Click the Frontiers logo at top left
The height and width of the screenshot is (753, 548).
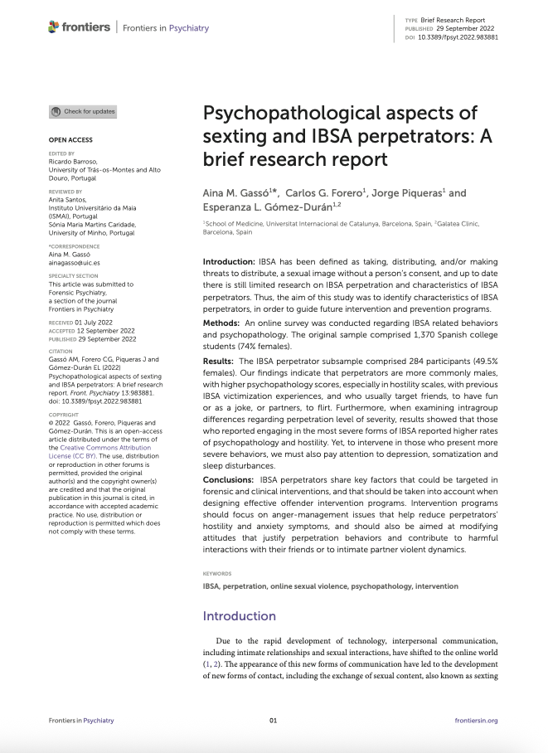80,27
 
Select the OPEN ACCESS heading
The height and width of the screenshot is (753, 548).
70,140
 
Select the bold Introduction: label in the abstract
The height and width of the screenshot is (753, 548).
230,261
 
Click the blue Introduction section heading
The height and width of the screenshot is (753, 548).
240,616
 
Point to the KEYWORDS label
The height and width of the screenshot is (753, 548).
217,573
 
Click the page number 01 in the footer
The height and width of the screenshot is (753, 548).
274,721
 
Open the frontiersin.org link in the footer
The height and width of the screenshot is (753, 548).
477,721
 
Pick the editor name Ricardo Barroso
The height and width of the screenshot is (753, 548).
73,162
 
